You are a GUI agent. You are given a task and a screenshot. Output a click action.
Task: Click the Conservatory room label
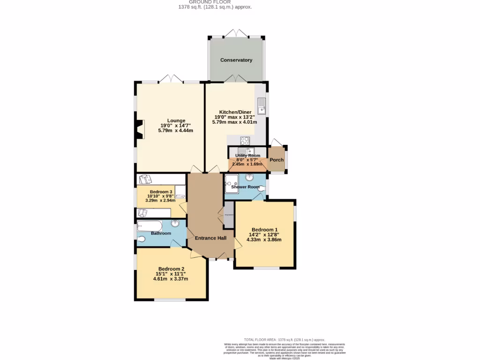click(236, 60)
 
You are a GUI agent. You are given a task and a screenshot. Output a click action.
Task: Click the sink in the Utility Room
click(243, 150)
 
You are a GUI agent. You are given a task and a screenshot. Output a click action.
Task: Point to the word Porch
click(277, 160)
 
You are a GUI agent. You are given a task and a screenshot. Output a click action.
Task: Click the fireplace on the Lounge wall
click(139, 130)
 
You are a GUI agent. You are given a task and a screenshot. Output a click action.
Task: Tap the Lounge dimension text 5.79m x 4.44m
click(176, 131)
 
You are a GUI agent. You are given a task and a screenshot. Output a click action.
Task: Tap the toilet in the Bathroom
click(142, 240)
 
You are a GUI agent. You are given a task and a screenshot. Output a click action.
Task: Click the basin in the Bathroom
click(175, 224)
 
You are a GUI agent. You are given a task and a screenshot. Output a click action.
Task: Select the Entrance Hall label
click(210, 238)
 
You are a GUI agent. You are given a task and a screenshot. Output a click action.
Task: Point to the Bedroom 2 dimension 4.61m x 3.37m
click(171, 279)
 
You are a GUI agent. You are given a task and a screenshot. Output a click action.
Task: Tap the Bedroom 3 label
click(161, 192)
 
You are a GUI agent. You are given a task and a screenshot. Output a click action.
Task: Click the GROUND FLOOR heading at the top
click(216, 2)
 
